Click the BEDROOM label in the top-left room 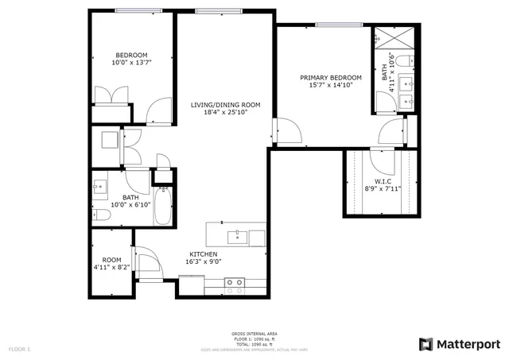click(x=131, y=55)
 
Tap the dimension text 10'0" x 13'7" click(x=131, y=62)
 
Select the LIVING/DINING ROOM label click(x=226, y=105)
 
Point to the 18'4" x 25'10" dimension click(x=226, y=113)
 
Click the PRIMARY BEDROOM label click(x=331, y=78)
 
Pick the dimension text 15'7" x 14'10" click(x=331, y=85)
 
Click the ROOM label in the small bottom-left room click(x=111, y=260)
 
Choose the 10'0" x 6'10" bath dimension click(x=131, y=205)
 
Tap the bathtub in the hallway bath click(x=163, y=205)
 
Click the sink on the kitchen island click(x=236, y=235)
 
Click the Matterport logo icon click(x=426, y=343)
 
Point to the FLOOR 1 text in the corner click(x=19, y=349)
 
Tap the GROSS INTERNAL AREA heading click(x=254, y=334)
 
